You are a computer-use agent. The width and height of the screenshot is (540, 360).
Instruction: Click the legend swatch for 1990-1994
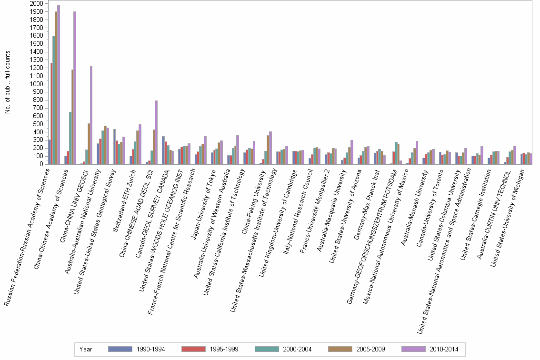(x=120, y=349)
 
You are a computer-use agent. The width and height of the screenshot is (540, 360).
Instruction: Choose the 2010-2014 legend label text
(x=443, y=350)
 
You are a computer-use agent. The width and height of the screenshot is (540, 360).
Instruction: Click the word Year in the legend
(x=86, y=350)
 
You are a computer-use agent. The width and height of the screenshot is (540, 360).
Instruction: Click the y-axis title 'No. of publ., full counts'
(x=7, y=84)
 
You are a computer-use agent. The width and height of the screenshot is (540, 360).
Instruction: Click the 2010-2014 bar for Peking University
(x=270, y=148)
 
